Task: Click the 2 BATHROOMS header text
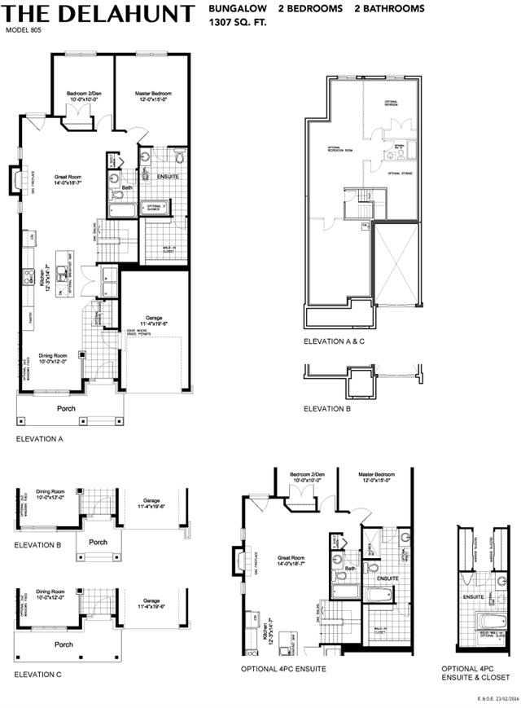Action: click(x=389, y=9)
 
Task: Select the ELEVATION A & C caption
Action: click(x=334, y=342)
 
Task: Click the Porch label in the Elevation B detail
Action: click(x=98, y=542)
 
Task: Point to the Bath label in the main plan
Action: click(x=127, y=188)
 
